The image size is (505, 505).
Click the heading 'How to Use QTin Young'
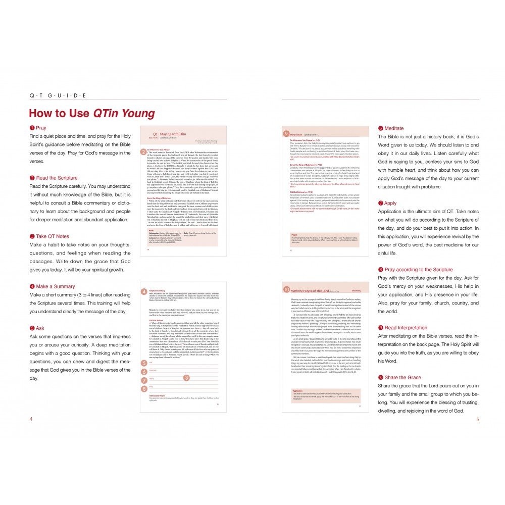[91, 114]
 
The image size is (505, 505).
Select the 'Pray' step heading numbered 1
[38, 128]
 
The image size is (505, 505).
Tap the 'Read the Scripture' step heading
[54, 178]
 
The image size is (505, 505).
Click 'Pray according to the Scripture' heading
[415, 269]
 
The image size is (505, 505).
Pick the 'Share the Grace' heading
[399, 377]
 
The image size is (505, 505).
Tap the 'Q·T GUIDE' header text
[58, 95]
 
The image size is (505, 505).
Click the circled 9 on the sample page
[286, 134]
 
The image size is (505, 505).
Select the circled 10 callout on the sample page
[286, 289]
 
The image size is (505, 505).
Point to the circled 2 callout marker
[143, 151]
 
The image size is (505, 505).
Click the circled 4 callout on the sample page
[143, 292]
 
